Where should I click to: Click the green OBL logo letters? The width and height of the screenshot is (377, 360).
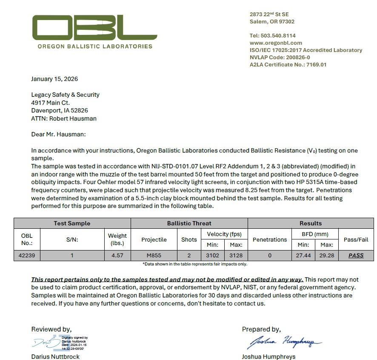[x=94, y=28]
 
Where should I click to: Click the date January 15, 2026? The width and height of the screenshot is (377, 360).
[x=54, y=79]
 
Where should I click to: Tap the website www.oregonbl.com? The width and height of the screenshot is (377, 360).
[x=276, y=43]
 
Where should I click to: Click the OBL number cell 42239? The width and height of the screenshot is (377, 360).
[x=26, y=256]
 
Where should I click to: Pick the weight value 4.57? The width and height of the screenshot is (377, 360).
[x=117, y=256]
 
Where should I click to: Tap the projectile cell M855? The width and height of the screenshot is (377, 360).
[x=154, y=256]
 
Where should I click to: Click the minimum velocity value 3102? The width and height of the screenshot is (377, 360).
[x=212, y=256]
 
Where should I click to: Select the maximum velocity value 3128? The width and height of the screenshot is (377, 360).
[x=236, y=256]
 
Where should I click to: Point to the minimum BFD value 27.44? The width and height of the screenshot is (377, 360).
[x=303, y=256]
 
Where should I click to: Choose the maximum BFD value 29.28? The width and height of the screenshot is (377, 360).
[x=327, y=256]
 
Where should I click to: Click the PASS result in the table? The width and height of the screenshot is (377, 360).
[x=356, y=256]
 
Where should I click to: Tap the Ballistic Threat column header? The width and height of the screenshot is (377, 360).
[x=189, y=223]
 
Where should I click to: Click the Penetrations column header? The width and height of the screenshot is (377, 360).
[x=269, y=240]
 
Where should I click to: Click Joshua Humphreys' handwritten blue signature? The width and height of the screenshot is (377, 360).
[x=283, y=342]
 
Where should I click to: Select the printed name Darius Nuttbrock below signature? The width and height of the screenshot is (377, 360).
[x=55, y=357]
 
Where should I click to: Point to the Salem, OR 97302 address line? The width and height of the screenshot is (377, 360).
[x=272, y=22]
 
